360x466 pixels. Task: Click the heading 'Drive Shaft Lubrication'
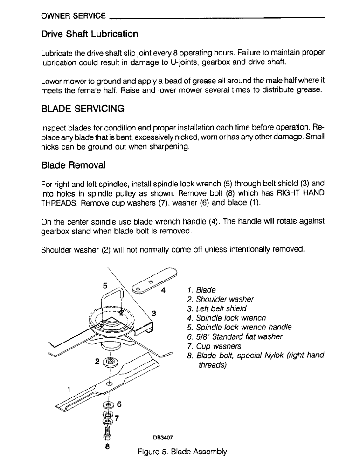pyautogui.click(x=90, y=34)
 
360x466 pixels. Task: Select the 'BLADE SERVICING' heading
pyautogui.click(x=83, y=109)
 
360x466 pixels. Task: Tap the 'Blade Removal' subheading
pyautogui.click(x=73, y=165)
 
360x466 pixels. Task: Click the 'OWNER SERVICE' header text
pyautogui.click(x=73, y=16)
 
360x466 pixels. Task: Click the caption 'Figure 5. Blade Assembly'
pyautogui.click(x=182, y=452)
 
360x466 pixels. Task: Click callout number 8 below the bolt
pyautogui.click(x=108, y=446)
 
